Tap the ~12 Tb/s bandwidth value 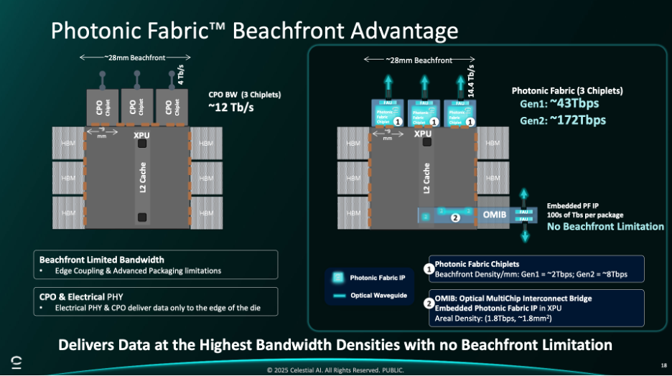click(x=230, y=108)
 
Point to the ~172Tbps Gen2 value click(x=579, y=119)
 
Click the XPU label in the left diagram click(x=141, y=134)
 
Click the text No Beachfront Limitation click(x=605, y=226)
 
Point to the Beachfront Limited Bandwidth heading click(x=102, y=259)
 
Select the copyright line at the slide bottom click(x=335, y=370)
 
